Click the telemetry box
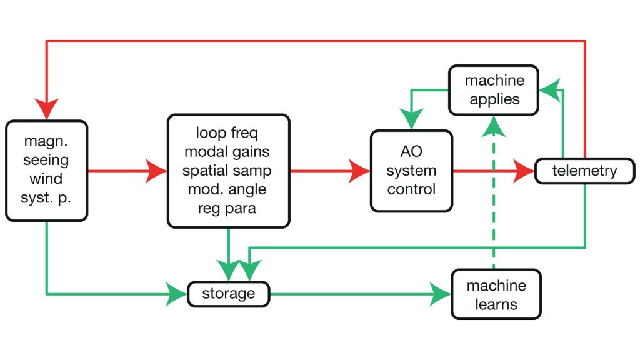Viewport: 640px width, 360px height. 584,171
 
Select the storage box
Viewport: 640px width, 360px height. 228,294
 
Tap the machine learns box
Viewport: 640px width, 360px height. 496,295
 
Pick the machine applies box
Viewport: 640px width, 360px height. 493,90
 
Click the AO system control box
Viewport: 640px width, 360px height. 411,171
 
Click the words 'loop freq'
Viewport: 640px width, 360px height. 228,132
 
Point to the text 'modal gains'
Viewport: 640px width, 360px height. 228,151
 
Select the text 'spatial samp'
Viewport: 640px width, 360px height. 228,170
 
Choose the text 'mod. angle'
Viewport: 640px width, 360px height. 228,189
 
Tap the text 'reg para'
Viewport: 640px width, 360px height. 228,208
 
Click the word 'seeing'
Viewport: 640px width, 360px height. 46,160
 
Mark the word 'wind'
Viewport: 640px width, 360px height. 46,179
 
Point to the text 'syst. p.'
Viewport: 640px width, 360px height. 46,197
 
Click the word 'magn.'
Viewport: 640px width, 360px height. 46,141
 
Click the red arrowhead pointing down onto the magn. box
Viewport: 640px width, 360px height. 47,110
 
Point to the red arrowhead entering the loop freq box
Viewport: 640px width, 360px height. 157,171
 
